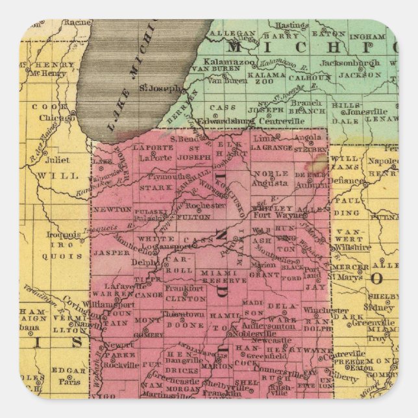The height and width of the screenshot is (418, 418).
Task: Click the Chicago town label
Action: [x=57, y=118]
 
